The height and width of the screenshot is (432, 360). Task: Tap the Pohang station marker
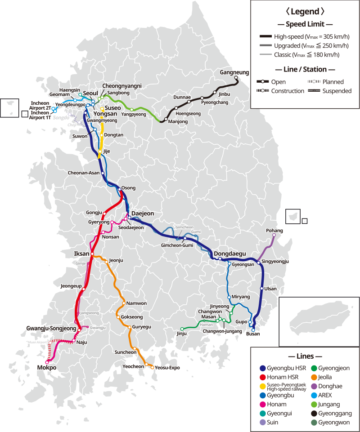point(274,235)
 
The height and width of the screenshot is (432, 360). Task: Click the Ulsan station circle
point(261,288)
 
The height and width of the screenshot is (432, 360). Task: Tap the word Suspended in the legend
point(337,91)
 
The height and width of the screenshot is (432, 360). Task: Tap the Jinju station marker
point(182,329)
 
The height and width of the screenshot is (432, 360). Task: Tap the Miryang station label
point(241,297)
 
